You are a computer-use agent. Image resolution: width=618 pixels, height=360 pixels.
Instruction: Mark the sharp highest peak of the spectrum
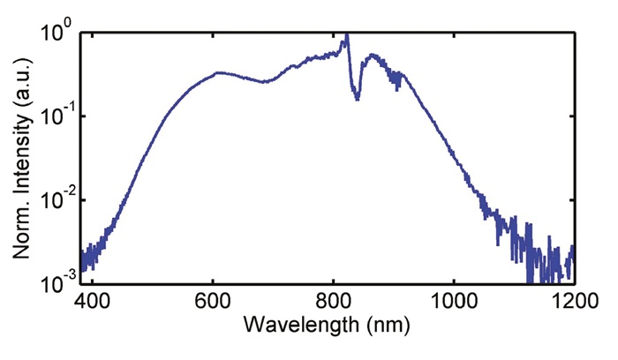pyautogui.click(x=347, y=34)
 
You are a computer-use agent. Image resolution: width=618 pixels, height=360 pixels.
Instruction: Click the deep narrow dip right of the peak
pyautogui.click(x=357, y=98)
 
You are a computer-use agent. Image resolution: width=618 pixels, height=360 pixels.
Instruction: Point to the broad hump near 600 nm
pyautogui.click(x=215, y=74)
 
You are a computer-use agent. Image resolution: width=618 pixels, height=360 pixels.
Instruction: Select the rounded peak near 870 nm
pyautogui.click(x=374, y=56)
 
